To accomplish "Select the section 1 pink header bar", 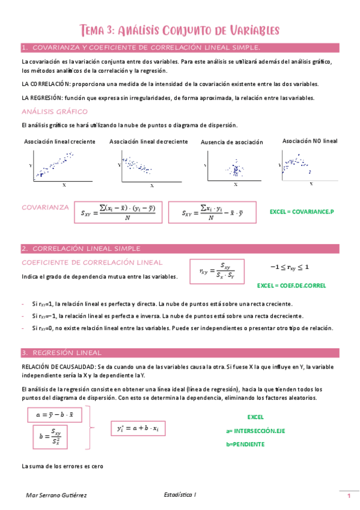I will pos(180,48).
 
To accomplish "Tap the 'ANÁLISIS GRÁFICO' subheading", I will pos(55,111).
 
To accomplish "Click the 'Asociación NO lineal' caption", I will pos(310,141).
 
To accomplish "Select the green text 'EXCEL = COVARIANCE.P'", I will pos(301,212).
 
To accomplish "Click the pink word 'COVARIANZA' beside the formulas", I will pos(46,207).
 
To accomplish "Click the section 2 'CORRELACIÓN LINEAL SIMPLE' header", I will pos(180,248).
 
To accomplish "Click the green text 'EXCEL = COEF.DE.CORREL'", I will pos(291,286).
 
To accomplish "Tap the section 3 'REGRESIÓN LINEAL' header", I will pos(180,352).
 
